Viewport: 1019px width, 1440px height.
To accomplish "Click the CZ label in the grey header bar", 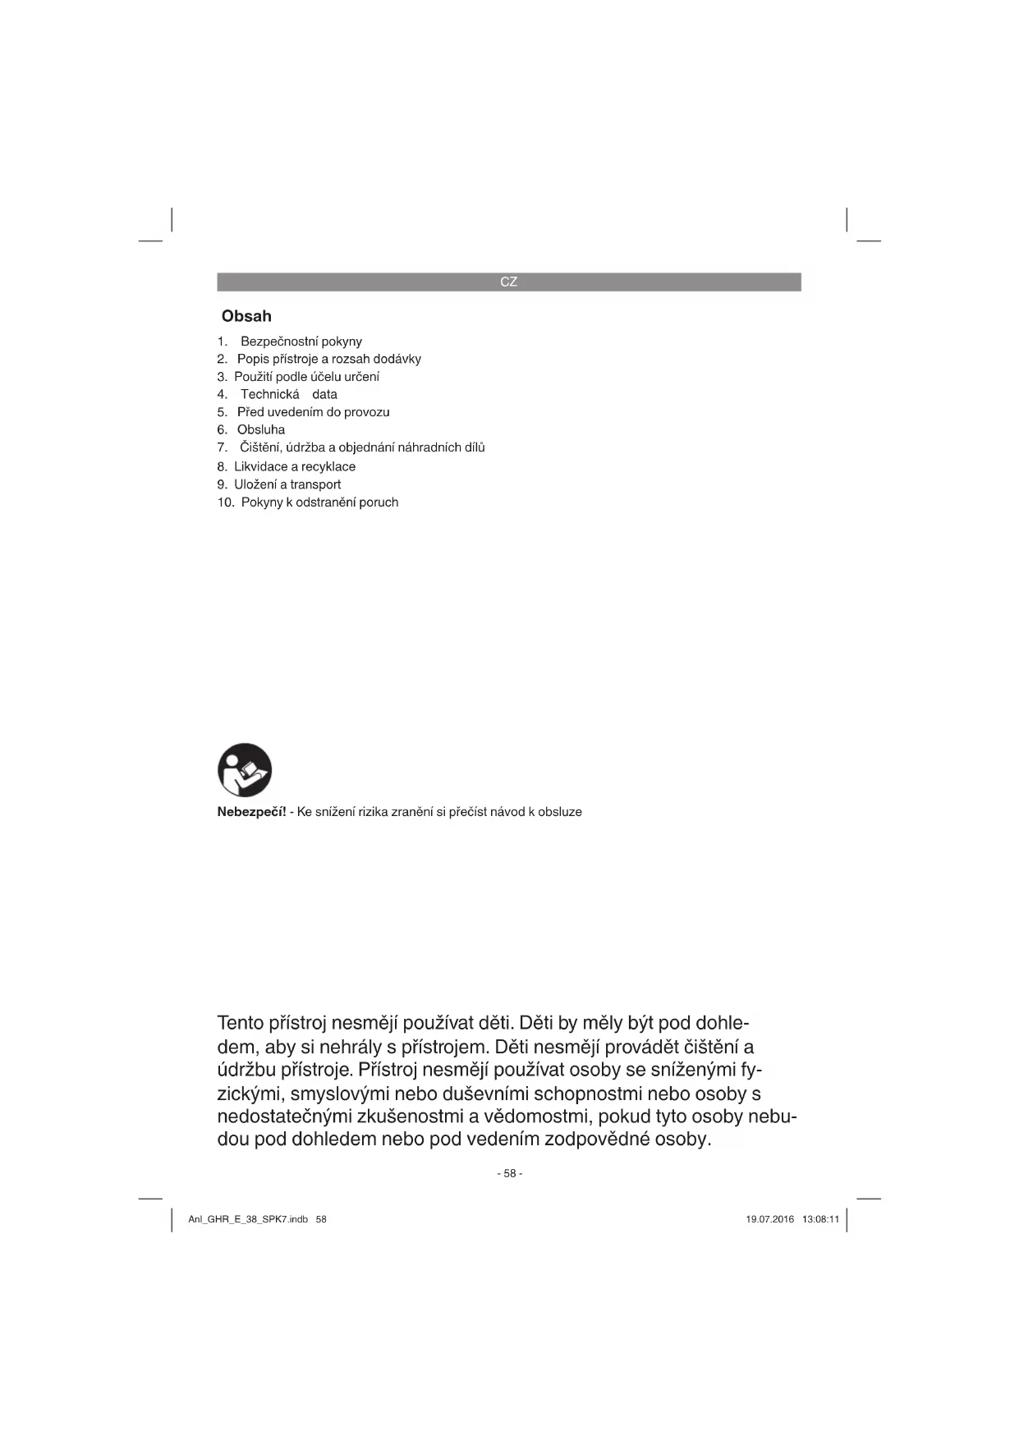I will (508, 282).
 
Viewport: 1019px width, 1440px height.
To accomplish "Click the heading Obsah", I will (246, 316).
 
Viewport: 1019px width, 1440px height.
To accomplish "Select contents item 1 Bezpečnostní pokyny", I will (301, 342).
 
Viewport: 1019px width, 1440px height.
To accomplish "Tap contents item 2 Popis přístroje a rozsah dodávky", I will (328, 359).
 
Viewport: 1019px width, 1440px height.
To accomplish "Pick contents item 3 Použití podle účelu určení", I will (306, 377).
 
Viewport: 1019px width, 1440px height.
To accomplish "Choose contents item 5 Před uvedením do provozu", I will (313, 412).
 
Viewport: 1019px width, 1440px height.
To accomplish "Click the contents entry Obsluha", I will (261, 429).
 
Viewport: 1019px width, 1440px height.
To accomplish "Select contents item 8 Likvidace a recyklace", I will (295, 466).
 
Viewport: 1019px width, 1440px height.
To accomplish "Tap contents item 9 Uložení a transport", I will (287, 484).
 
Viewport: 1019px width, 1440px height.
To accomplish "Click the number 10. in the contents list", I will (226, 502).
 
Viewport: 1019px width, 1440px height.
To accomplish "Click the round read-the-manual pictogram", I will (245, 770).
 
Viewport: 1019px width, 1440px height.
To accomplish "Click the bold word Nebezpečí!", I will (251, 812).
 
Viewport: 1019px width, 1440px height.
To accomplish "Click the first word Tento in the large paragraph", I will (240, 1024).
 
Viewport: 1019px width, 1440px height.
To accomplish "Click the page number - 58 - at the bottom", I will (509, 1173).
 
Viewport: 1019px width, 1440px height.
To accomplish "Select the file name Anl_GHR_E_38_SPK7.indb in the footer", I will (248, 1219).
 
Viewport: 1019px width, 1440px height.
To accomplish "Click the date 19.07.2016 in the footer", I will (769, 1219).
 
